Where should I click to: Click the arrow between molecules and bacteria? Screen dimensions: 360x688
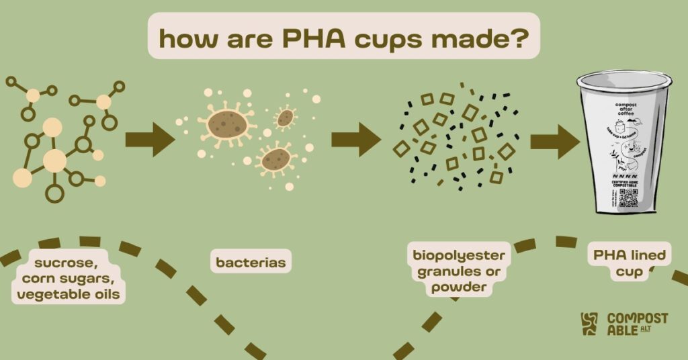click(x=150, y=138)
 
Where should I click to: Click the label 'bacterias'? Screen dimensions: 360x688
click(x=250, y=262)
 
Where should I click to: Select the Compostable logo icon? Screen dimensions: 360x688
click(x=589, y=324)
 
